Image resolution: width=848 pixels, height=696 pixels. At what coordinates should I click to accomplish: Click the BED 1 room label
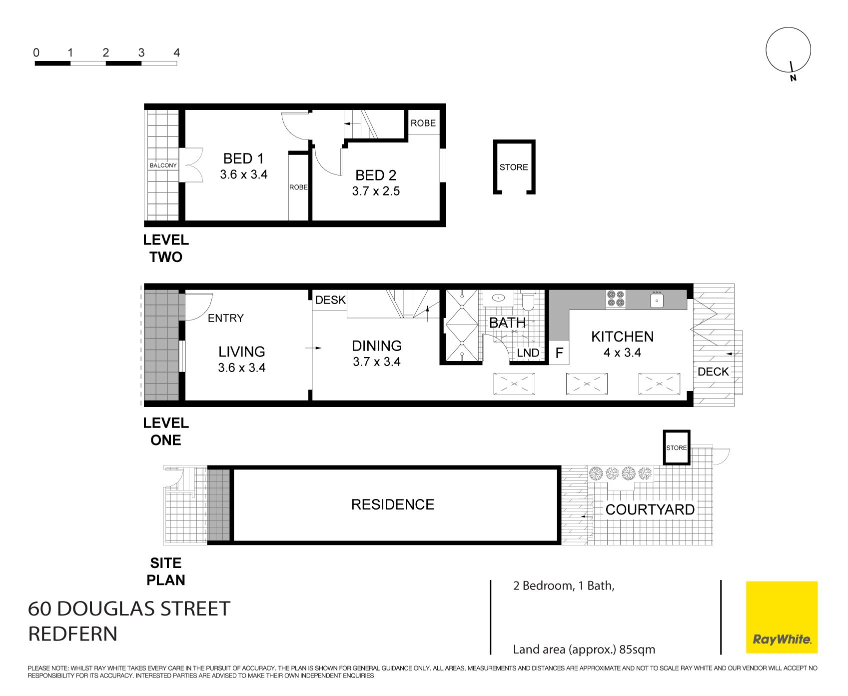coord(243,158)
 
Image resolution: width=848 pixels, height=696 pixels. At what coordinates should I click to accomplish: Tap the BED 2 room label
coord(376,175)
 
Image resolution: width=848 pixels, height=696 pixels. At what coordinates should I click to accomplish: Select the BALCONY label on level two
coord(163,165)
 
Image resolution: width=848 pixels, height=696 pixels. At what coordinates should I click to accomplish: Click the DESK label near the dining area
coord(330,300)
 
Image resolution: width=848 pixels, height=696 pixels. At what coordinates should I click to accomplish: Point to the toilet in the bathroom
coord(528,300)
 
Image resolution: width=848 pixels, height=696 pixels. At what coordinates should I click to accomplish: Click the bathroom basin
coord(499,298)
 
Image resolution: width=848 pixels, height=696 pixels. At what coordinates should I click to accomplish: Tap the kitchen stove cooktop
coord(616,299)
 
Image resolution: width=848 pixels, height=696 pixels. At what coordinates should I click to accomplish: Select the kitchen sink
coord(657,300)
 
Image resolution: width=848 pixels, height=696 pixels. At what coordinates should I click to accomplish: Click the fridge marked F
coord(559,353)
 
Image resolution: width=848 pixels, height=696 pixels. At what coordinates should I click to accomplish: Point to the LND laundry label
coord(528,353)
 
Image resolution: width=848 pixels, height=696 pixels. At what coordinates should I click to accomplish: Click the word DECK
coord(713,371)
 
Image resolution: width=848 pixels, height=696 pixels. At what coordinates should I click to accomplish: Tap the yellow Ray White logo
coord(782,617)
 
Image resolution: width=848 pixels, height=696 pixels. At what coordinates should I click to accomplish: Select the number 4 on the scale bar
coord(176,52)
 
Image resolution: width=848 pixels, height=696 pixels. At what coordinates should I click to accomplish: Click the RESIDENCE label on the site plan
coord(393,504)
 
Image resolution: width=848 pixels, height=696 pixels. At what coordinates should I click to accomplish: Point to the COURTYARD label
coord(650,509)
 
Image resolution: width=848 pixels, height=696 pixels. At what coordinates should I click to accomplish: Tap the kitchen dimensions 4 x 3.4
coord(622,352)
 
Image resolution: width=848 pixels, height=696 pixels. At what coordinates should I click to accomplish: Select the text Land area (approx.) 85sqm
coord(584,649)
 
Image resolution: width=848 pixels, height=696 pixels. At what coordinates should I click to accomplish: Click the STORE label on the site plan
coord(677,448)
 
